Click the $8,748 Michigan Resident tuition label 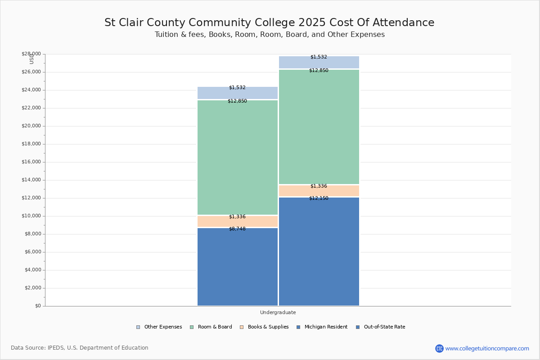237,229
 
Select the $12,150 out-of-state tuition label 319,198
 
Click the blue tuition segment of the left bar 238,270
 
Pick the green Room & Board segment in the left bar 238,157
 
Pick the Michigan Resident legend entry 322,327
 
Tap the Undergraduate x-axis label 278,312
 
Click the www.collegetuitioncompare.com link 487,348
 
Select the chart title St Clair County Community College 269,22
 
